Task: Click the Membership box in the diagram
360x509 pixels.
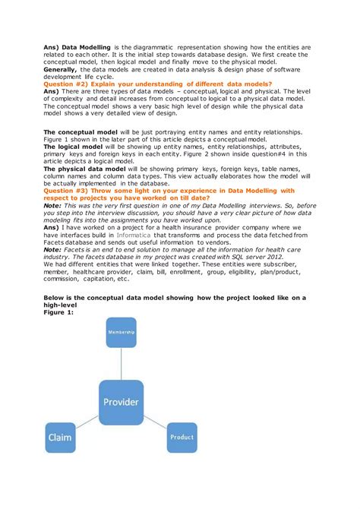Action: (121, 332)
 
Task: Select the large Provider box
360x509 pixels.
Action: (121, 401)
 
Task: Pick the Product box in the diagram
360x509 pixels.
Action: (182, 437)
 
